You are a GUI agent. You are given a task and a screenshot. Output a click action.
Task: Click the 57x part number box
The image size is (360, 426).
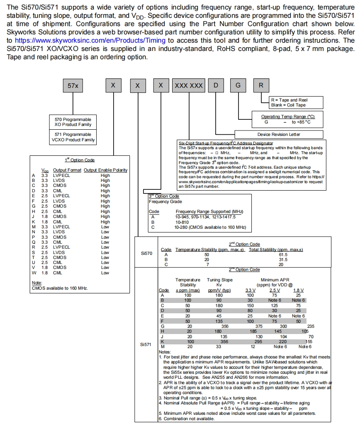coord(73,85)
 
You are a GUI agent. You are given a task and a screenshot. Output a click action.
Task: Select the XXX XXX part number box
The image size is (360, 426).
coord(189,85)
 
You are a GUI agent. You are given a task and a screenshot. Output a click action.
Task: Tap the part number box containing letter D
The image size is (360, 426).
coord(216,85)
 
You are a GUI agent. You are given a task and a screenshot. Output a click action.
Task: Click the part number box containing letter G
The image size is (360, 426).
coord(238,85)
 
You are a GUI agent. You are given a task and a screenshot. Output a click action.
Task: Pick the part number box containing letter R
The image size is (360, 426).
coord(261,85)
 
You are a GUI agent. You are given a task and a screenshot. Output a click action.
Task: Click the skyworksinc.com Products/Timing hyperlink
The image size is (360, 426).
coord(90,41)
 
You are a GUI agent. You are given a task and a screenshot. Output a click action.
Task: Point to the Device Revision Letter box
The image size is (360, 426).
coord(278,134)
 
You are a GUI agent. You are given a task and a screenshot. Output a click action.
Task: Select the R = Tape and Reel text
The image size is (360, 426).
coord(289,100)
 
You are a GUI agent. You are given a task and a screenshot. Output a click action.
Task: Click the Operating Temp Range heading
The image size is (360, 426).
coord(288,117)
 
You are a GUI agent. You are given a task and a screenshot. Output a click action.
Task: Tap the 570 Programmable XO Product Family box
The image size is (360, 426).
coord(73,122)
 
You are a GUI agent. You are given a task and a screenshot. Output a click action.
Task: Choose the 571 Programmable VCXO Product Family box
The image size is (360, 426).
coord(73,137)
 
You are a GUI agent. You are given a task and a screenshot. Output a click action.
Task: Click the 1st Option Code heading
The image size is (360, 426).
coord(80,160)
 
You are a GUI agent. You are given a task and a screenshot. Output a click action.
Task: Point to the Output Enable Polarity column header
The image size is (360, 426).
coord(105,170)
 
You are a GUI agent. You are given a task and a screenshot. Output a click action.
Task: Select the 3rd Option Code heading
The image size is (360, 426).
coord(164,196)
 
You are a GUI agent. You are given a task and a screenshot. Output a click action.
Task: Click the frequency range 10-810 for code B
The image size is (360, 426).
coord(182,222)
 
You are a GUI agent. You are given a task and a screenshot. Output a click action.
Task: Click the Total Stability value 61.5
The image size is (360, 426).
coord(283,255)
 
